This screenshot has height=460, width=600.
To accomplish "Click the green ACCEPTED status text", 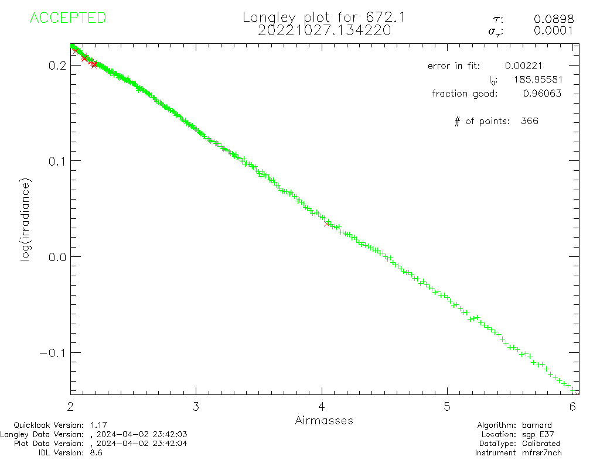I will tap(68, 18).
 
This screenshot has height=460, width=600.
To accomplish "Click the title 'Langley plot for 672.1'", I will tap(324, 18).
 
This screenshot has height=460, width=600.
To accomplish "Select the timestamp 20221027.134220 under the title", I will tap(324, 30).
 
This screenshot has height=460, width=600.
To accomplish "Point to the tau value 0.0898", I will tap(554, 19).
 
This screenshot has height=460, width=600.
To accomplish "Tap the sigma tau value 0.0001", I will tap(554, 31).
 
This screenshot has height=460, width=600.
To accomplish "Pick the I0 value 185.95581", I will tap(534, 80).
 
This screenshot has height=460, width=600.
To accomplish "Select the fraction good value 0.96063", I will tap(542, 94).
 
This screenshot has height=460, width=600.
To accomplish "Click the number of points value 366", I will tap(529, 122).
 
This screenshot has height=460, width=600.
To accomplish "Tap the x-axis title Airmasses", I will tap(324, 420).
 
